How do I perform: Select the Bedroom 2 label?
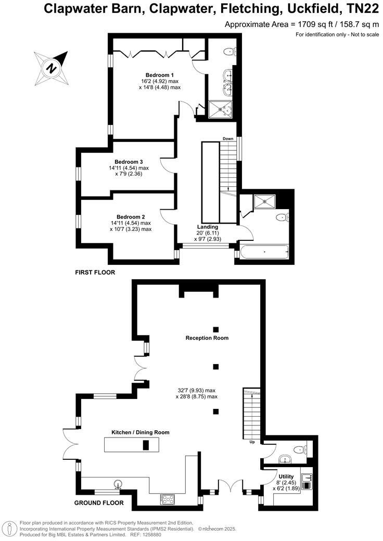131,216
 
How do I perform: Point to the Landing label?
208,227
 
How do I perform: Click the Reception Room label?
207,338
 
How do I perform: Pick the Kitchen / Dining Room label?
141,432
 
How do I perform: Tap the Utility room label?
286,476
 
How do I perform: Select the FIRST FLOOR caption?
95,272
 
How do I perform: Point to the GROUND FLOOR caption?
99,503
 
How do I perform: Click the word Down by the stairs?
228,138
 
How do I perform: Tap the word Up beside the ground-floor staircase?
252,442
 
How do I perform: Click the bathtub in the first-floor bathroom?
264,253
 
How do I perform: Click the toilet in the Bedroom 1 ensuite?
229,51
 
